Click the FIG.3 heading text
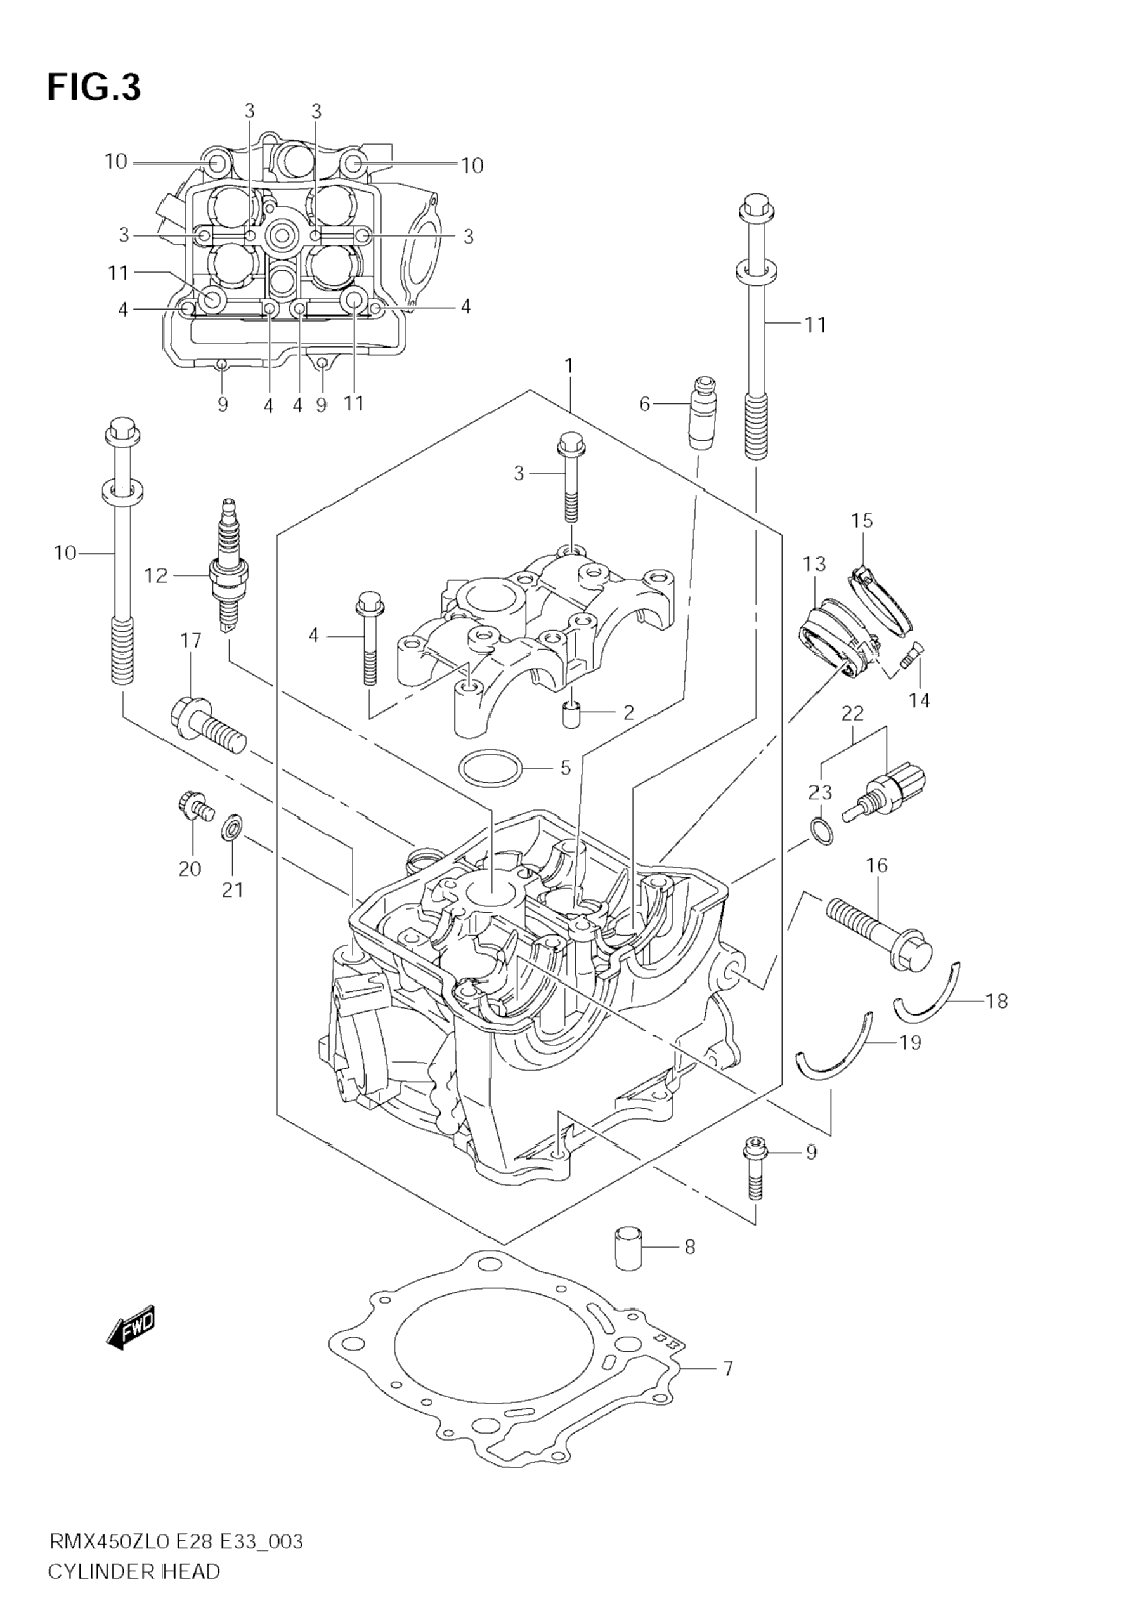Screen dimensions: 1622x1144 [x=94, y=88]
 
